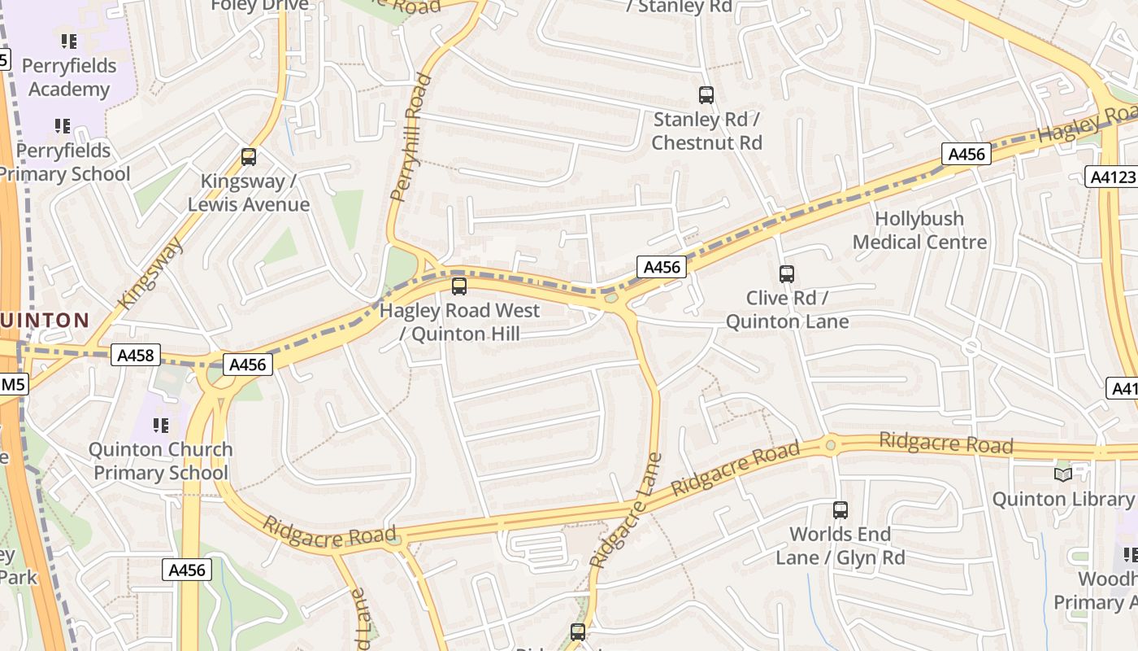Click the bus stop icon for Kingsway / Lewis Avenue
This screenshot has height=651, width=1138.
pos(249,157)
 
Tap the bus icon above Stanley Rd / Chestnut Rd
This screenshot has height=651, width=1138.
pos(706,95)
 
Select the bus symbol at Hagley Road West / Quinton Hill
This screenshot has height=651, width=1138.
pos(459,286)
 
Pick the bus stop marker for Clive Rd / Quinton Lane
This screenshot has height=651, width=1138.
pos(786,274)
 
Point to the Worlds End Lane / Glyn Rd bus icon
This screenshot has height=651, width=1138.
pos(840,510)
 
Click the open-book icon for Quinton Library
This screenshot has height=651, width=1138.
pos(1062,474)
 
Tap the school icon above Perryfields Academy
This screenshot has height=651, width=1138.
pos(69,41)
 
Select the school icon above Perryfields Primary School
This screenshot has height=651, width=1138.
pos(63,126)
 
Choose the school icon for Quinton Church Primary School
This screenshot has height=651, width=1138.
pos(161,425)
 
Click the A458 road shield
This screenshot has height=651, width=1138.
pos(134,355)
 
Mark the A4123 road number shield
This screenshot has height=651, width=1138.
pos(1110,177)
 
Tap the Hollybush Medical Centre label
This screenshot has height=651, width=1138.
pos(919,230)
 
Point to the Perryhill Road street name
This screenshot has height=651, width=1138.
pos(410,138)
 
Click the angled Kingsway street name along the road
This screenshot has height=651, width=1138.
pos(150,273)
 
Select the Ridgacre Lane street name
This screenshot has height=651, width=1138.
pos(626,510)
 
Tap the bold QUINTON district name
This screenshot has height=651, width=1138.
pos(45,321)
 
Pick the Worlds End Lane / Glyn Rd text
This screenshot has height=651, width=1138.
pos(840,546)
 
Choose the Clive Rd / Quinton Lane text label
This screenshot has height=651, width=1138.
pos(786,310)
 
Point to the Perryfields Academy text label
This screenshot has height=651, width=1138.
pos(69,77)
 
